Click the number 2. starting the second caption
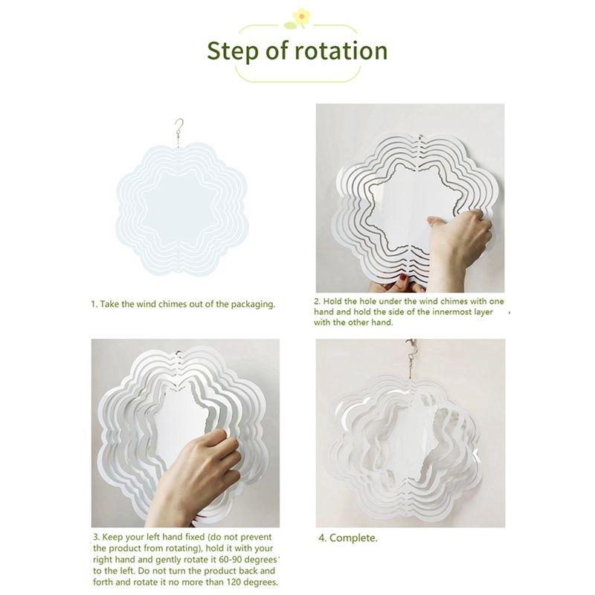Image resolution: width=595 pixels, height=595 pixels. pos(318,301)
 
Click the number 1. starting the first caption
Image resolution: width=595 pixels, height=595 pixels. pos(94,304)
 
